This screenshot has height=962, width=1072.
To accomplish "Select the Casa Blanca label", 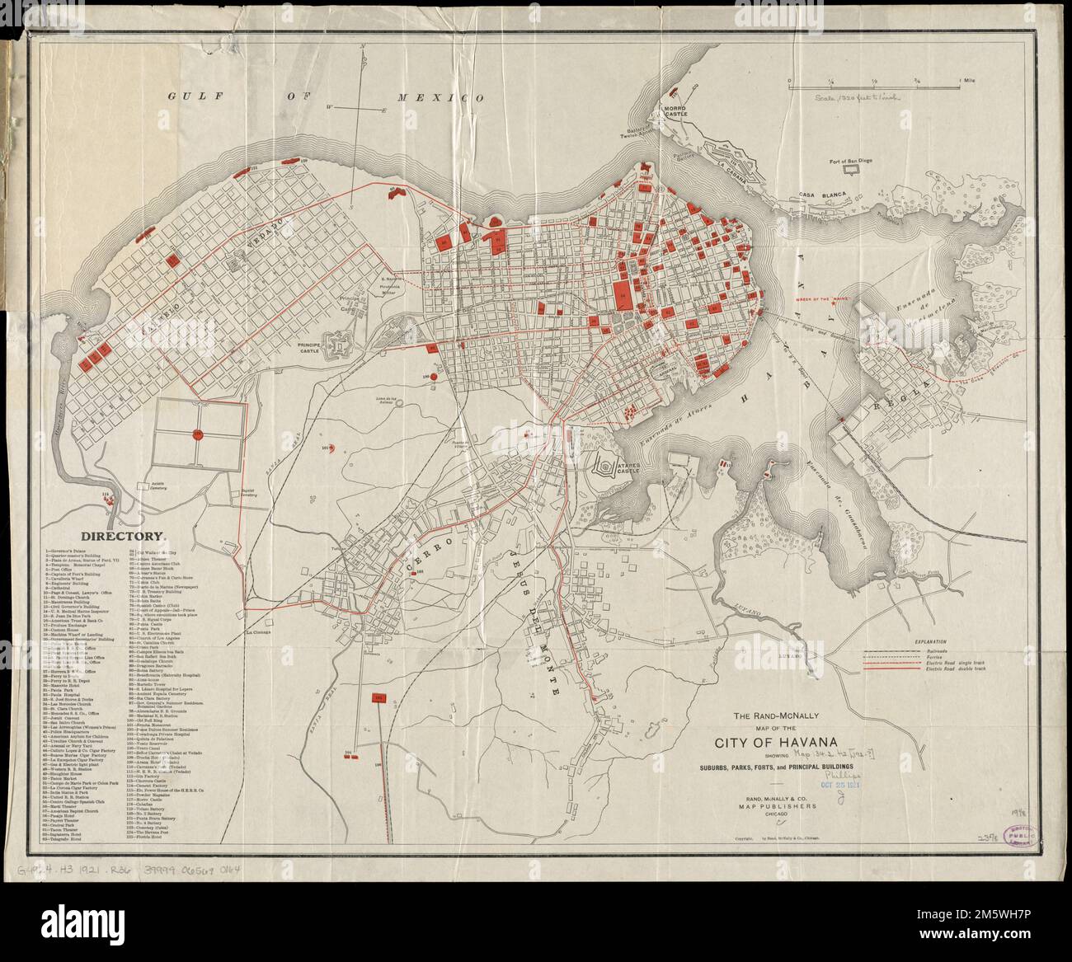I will point(818,195).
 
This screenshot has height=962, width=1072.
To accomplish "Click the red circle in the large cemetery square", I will point(198,434).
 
